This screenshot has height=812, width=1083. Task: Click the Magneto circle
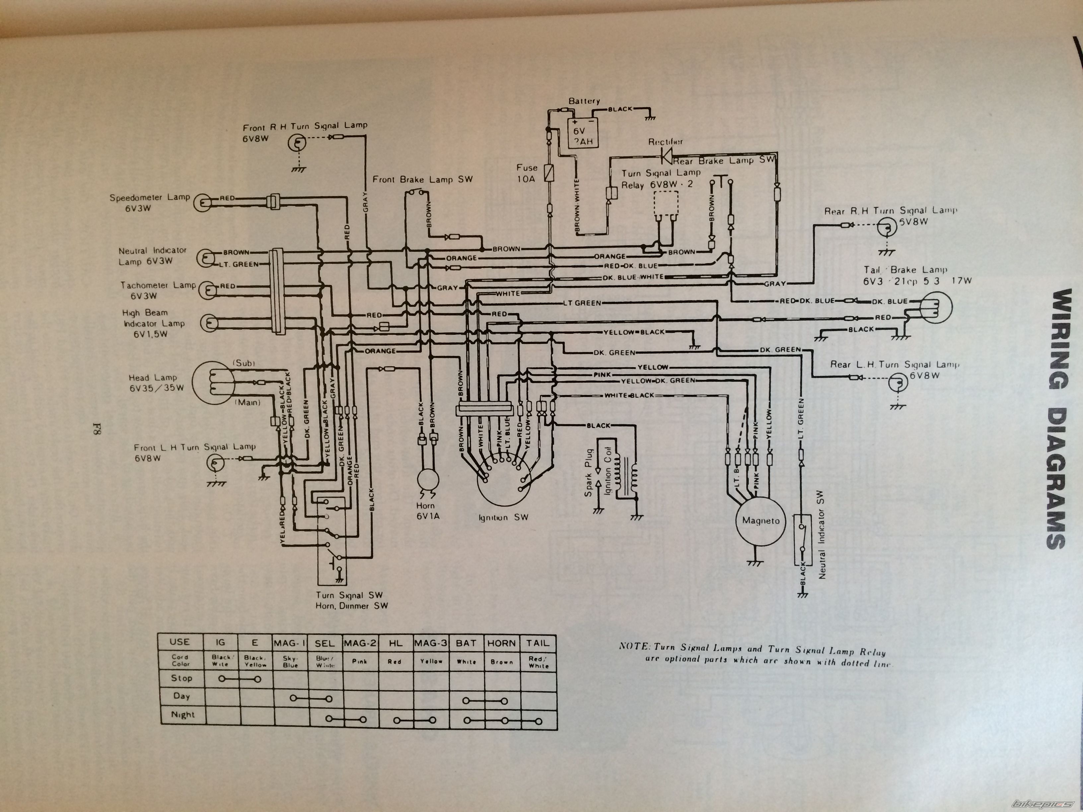point(760,521)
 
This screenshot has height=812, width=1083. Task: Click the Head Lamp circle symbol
point(211,383)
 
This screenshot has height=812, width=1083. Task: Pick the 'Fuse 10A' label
point(526,173)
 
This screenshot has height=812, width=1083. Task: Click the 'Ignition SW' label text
point(504,517)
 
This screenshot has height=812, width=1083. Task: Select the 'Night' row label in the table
point(182,714)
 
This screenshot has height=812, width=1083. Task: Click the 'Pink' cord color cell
point(359,661)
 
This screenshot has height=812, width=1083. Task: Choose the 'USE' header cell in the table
point(180,642)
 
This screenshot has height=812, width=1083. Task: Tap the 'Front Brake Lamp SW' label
point(422,180)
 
